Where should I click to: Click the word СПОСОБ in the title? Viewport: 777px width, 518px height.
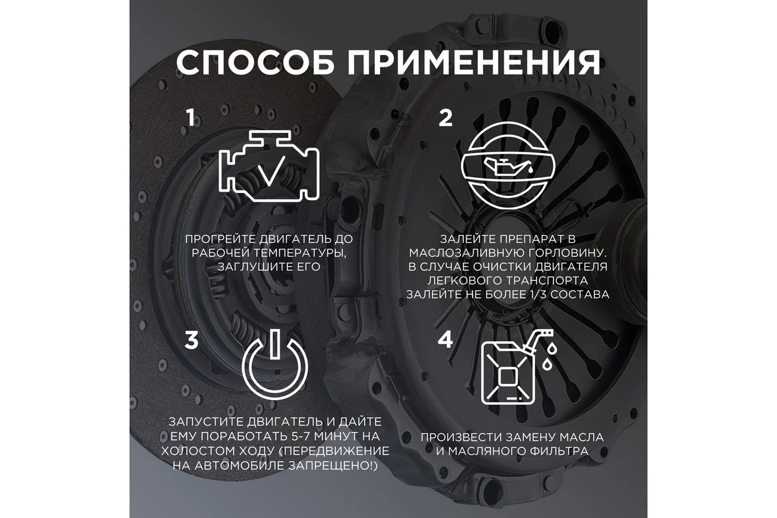tap(255, 62)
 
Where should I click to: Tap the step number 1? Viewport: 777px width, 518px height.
tap(190, 118)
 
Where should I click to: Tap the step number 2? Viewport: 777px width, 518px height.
tap(445, 118)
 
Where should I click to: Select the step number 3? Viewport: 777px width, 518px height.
tap(192, 340)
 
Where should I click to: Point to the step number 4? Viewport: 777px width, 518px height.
tap(445, 339)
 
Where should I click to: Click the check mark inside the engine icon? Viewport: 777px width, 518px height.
tap(273, 170)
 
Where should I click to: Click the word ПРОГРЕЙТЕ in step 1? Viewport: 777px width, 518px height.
tap(221, 239)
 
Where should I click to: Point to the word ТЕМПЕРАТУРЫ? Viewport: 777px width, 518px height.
tap(300, 253)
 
